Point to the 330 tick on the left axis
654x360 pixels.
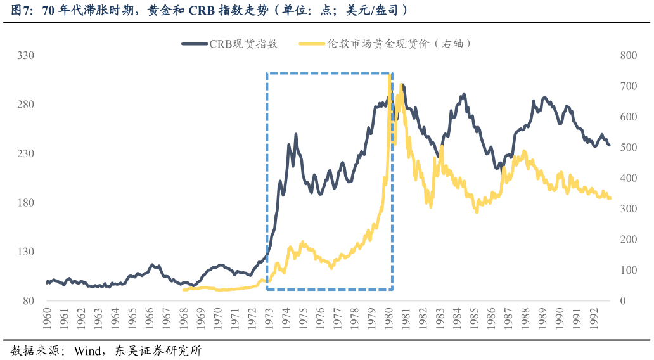click(26, 56)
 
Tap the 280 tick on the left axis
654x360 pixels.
click(26, 105)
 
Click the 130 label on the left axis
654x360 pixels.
click(26, 252)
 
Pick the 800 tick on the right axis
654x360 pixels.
click(627, 56)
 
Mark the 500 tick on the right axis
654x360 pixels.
click(627, 148)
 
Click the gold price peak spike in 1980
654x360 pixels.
click(389, 75)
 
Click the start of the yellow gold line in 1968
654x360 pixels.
click(184, 290)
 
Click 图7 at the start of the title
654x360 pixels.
click(21, 10)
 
